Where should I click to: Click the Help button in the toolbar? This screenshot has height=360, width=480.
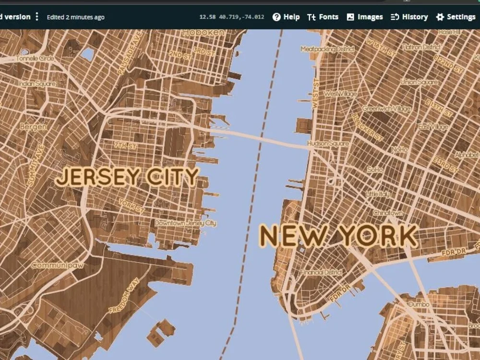coord(286,17)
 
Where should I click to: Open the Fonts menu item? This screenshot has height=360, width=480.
coord(323,17)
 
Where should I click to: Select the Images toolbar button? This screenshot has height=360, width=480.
coord(365,17)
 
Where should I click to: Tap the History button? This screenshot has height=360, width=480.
coord(409,17)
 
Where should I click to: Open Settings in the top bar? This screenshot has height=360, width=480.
coord(456,17)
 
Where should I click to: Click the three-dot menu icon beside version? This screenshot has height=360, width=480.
coord(37,17)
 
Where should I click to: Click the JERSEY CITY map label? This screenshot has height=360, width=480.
coord(127,177)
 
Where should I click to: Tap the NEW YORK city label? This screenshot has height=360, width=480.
coord(338,236)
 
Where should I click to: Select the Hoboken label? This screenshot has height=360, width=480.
coord(203,32)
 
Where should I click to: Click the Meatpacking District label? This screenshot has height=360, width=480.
coord(327,49)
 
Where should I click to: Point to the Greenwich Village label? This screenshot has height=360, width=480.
coord(386,109)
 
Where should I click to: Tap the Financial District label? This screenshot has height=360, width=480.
coord(321,272)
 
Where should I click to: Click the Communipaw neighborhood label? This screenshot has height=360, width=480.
coord(54,264)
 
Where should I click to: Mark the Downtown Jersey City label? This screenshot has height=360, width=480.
coord(185,223)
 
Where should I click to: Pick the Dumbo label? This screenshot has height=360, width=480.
coord(418,304)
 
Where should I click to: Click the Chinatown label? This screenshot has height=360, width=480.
coord(388,213)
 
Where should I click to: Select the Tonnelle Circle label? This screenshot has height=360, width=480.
coord(35,58)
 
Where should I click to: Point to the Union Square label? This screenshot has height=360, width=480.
coord(419,82)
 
